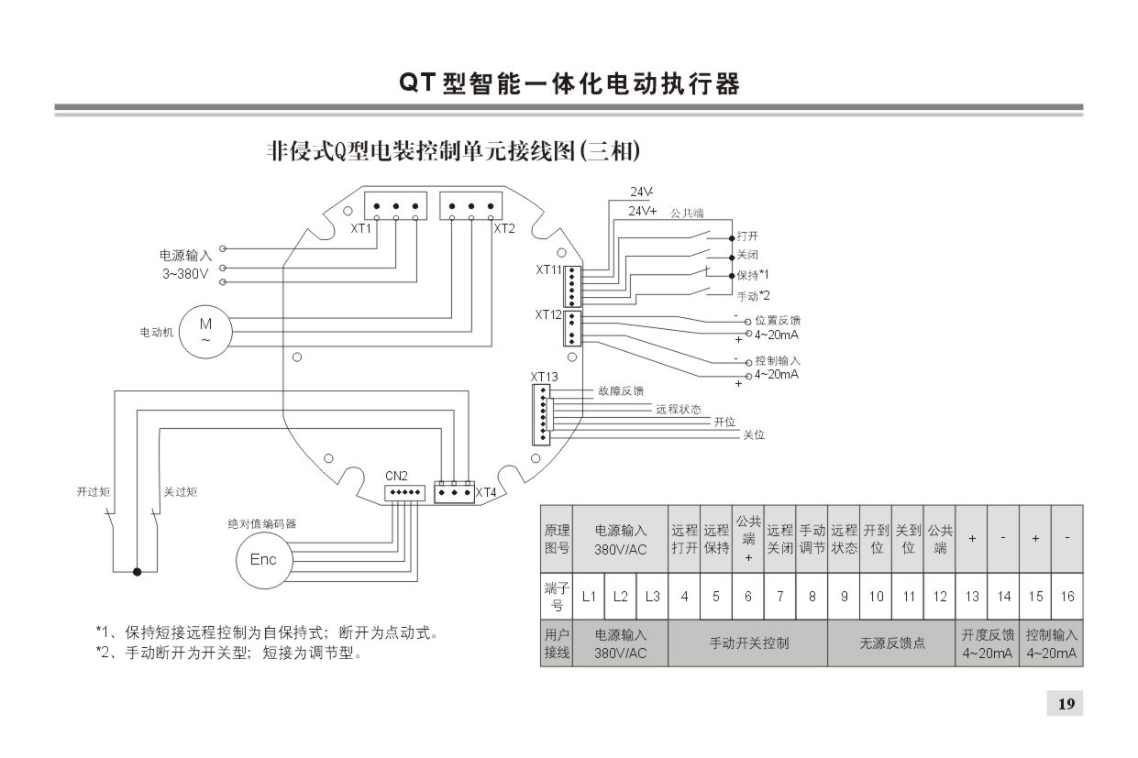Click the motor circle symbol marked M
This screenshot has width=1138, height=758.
205,331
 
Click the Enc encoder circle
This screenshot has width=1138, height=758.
263,560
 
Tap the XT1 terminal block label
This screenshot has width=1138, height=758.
360,228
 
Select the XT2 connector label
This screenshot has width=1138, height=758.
505,228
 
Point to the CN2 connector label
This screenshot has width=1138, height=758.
395,476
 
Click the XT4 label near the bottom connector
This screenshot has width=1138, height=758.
485,493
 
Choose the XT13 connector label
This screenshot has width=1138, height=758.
544,377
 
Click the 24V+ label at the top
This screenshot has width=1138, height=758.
642,211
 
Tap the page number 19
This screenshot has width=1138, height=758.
1066,704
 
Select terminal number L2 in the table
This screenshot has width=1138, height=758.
621,597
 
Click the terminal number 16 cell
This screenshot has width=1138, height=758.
1067,597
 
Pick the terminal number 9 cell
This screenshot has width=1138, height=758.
845,597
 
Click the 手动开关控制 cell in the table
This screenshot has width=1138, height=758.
748,643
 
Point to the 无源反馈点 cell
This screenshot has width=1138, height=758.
892,643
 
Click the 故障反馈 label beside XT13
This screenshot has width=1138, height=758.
621,391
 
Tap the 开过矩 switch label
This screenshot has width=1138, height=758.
93,492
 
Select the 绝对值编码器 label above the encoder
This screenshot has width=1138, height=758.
262,524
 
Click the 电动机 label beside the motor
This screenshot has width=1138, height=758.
156,332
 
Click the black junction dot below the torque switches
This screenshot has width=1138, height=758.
137,572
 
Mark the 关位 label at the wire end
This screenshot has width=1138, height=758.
753,435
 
